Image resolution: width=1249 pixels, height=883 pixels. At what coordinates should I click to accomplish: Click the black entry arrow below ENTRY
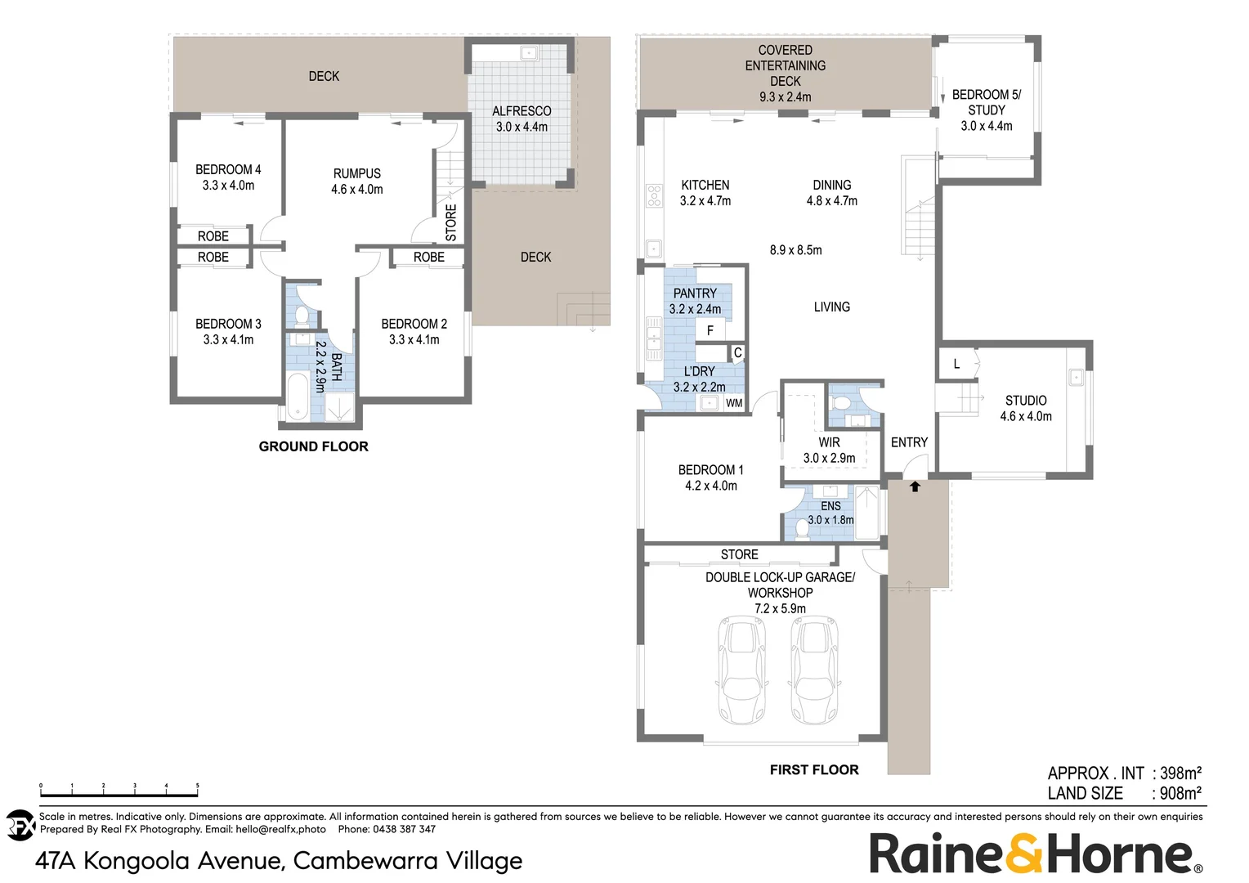pyautogui.click(x=915, y=486)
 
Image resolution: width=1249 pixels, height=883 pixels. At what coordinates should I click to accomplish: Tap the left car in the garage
pyautogui.click(x=742, y=670)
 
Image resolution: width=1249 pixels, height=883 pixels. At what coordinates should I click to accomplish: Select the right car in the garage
pyautogui.click(x=814, y=670)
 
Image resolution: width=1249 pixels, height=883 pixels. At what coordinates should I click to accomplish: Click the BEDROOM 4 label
pyautogui.click(x=228, y=170)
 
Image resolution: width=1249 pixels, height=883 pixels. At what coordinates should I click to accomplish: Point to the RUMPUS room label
pyautogui.click(x=357, y=173)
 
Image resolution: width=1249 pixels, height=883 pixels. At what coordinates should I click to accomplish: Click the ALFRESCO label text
pyautogui.click(x=522, y=111)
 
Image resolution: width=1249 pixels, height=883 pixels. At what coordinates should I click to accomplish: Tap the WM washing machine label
pyautogui.click(x=734, y=403)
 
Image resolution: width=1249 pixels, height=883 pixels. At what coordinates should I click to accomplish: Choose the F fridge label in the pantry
pyautogui.click(x=710, y=330)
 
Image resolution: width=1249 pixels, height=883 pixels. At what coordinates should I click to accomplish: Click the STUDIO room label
pyautogui.click(x=1026, y=401)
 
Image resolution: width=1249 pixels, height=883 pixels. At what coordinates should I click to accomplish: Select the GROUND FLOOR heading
pyautogui.click(x=313, y=446)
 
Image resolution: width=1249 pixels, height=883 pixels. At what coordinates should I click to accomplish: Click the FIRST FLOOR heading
pyautogui.click(x=814, y=769)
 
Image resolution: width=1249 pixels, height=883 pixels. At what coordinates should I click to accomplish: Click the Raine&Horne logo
pyautogui.click(x=1035, y=854)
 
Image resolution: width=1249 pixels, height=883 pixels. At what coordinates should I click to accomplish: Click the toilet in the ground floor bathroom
pyautogui.click(x=301, y=316)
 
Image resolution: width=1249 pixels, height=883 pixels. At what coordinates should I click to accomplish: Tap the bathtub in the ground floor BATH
pyautogui.click(x=298, y=397)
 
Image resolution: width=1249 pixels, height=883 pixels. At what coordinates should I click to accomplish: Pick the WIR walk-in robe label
pyautogui.click(x=829, y=442)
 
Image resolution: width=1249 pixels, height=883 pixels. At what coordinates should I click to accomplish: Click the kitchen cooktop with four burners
pyautogui.click(x=654, y=195)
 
